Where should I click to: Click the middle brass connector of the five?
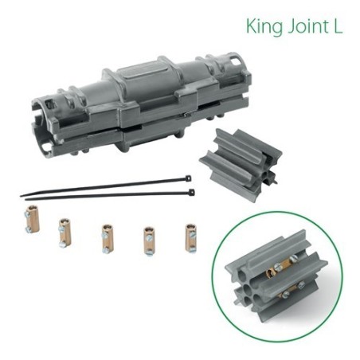point(106,237)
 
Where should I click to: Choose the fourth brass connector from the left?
point(148,238)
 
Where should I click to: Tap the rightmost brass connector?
point(190,237)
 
